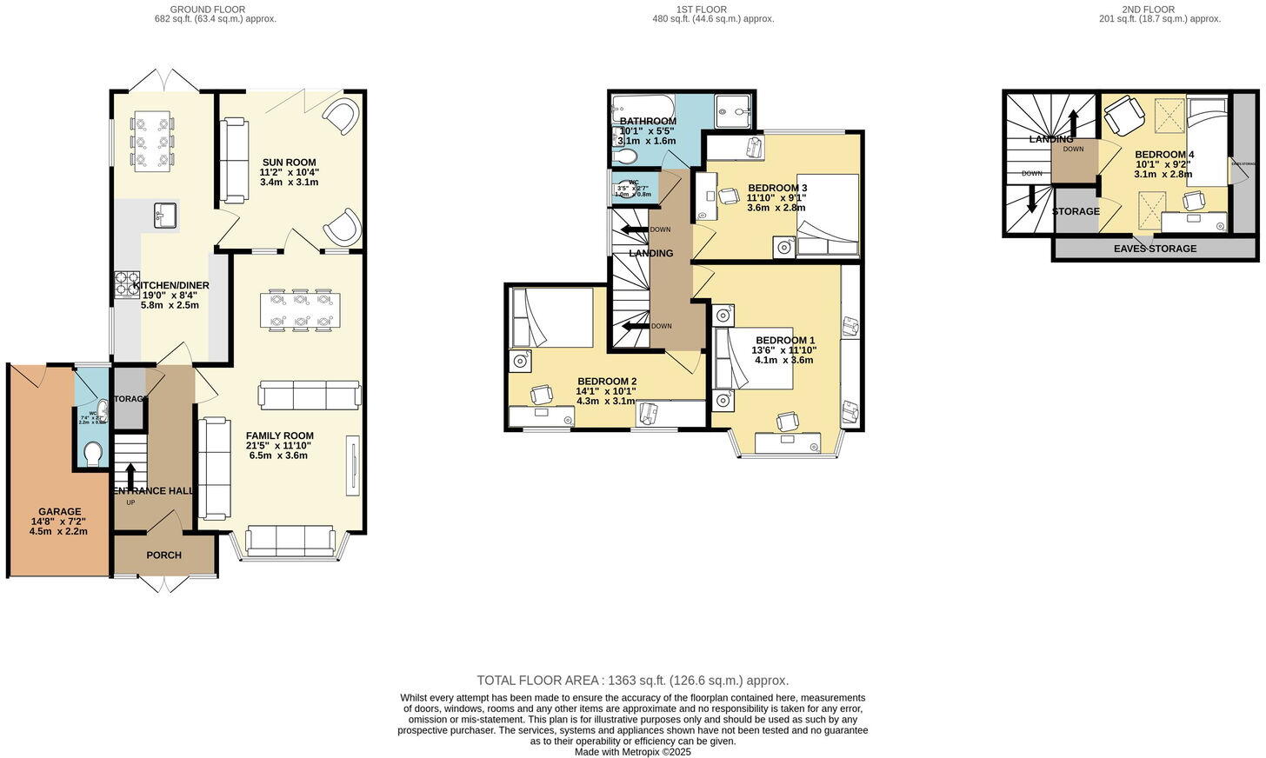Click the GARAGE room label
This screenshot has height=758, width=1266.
tap(59, 512)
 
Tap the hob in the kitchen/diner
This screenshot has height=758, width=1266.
tap(127, 285)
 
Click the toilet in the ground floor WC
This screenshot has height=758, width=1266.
tap(92, 454)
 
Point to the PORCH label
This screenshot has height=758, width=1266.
tap(163, 555)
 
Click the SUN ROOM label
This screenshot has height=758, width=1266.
tap(289, 163)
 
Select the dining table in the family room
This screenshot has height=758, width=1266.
tap(298, 310)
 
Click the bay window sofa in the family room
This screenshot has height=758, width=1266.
tap(290, 542)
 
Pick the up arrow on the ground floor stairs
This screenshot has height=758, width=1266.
tap(130, 475)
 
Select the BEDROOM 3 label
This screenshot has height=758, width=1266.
tap(777, 188)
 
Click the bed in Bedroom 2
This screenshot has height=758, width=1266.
tap(551, 317)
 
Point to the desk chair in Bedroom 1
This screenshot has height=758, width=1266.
tap(788, 422)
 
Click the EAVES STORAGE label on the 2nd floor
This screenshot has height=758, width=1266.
tap(1155, 249)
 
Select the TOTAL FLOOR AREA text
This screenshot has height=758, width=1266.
tap(632, 681)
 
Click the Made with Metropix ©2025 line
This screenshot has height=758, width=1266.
tap(632, 752)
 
